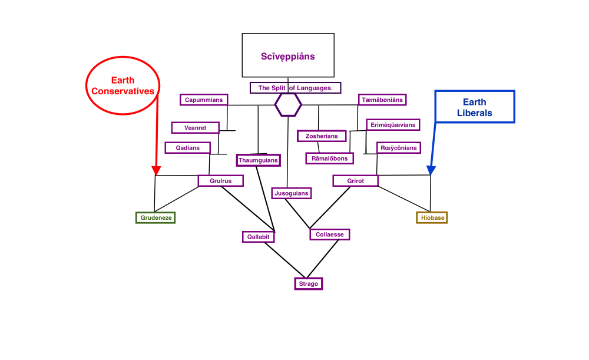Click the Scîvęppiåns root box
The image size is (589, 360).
[x=288, y=55]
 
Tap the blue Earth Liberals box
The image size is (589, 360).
[x=474, y=107]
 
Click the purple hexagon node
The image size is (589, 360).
[x=288, y=105]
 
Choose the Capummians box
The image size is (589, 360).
[x=204, y=100]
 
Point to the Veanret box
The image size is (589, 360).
[x=195, y=127]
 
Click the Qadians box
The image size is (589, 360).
[x=188, y=148]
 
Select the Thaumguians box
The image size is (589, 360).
[x=258, y=160]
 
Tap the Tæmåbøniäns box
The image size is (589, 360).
[x=382, y=100]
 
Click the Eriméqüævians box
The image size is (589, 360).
[x=393, y=124]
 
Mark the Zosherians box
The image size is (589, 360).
[x=322, y=136]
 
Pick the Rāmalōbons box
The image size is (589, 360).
[x=330, y=158]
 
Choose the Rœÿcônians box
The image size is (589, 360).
[x=399, y=147]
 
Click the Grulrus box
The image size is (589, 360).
[x=221, y=181]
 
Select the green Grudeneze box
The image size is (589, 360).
[x=155, y=217]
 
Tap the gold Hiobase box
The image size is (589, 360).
[x=432, y=217]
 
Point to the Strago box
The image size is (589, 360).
[x=309, y=283]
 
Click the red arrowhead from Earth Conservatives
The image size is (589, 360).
[x=156, y=171]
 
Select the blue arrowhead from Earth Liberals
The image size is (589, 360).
[x=431, y=170]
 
